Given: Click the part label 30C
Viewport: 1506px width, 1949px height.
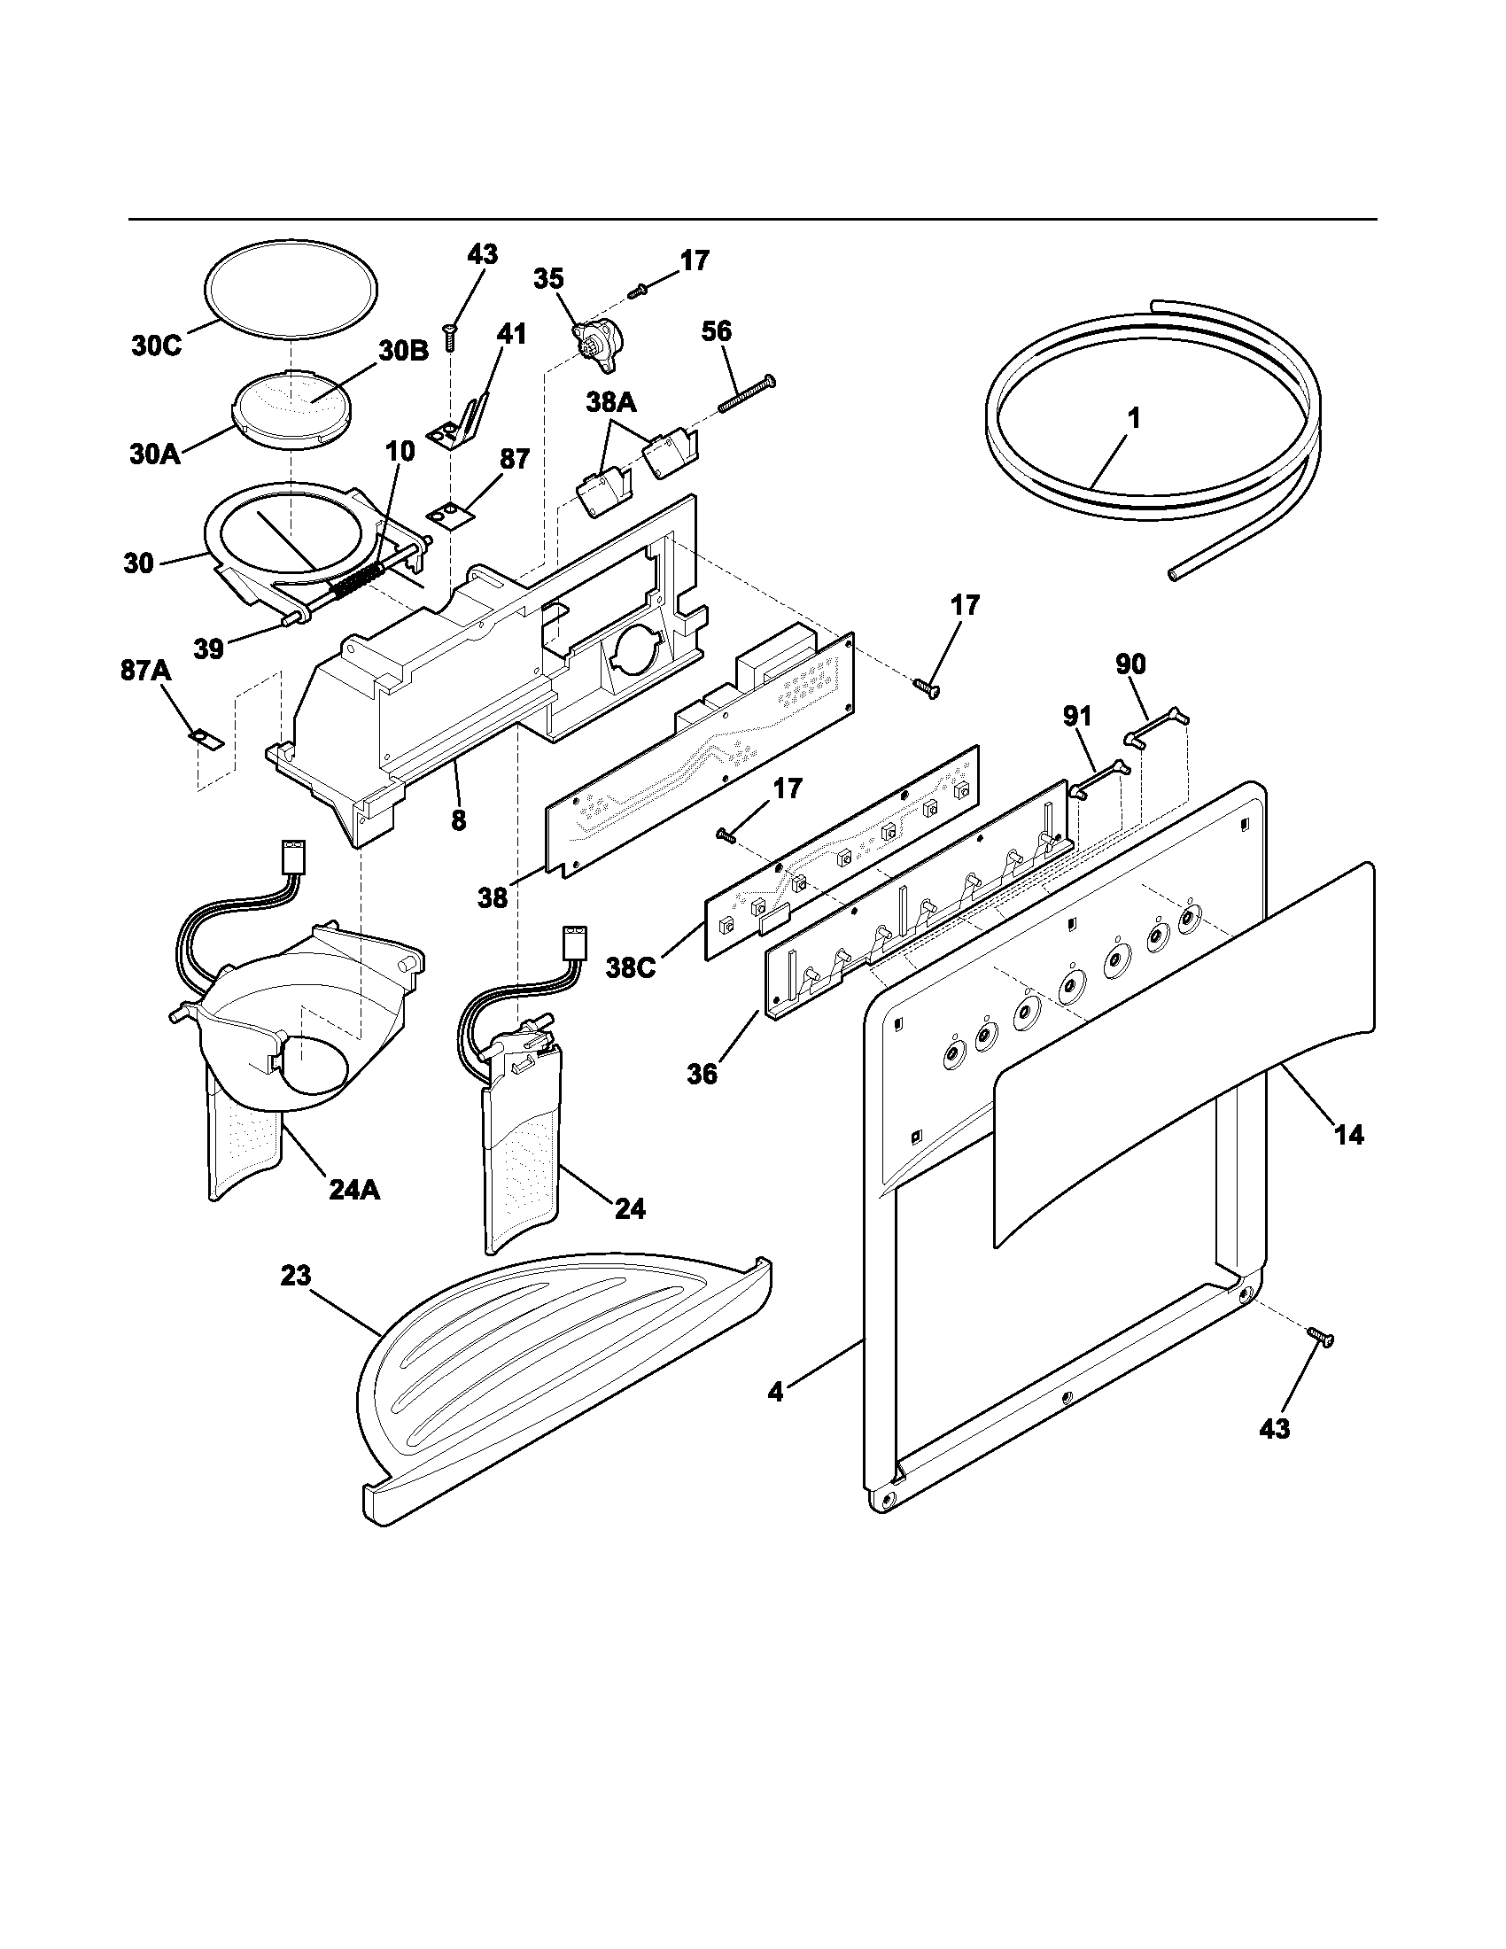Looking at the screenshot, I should coord(156,346).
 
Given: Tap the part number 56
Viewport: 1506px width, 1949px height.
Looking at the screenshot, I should coord(716,332).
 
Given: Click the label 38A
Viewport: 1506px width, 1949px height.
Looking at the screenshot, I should coord(611,403).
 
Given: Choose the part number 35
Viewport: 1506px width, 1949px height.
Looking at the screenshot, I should coord(548,278).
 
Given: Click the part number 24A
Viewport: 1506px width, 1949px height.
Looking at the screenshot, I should coord(354,1190).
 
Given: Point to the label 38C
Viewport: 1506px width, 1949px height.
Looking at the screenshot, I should coord(631,967).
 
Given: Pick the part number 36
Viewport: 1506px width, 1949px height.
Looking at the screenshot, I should coord(703,1075).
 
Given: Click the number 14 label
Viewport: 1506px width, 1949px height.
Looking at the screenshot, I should coord(1348,1135).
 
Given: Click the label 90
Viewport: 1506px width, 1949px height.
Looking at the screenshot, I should coord(1130,664).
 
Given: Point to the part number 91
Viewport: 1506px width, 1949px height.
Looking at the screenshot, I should coord(1077,717).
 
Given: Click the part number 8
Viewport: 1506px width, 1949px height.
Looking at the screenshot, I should coord(458,820).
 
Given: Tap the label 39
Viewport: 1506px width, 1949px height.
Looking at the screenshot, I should coord(209,648).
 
